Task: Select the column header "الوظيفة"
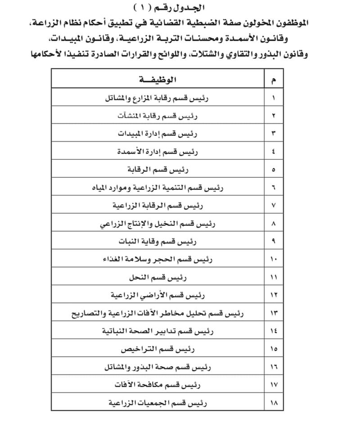(x=157, y=80)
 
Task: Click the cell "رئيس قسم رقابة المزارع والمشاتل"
(x=157, y=98)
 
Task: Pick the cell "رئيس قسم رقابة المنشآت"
(x=157, y=116)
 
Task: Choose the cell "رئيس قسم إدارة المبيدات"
(x=157, y=134)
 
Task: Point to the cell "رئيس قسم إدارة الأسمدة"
(x=157, y=152)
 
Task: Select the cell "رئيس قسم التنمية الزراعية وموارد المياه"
(x=157, y=188)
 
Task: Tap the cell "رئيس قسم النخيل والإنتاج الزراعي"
(x=157, y=223)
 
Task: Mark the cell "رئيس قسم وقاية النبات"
(x=157, y=241)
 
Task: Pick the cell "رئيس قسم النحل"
(x=157, y=277)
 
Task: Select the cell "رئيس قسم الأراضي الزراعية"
(x=157, y=295)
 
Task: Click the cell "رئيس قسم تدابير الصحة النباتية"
(x=157, y=331)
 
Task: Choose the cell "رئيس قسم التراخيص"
(x=157, y=349)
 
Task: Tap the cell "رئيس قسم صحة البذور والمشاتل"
(x=157, y=367)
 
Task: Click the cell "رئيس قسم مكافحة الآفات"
(x=157, y=385)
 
